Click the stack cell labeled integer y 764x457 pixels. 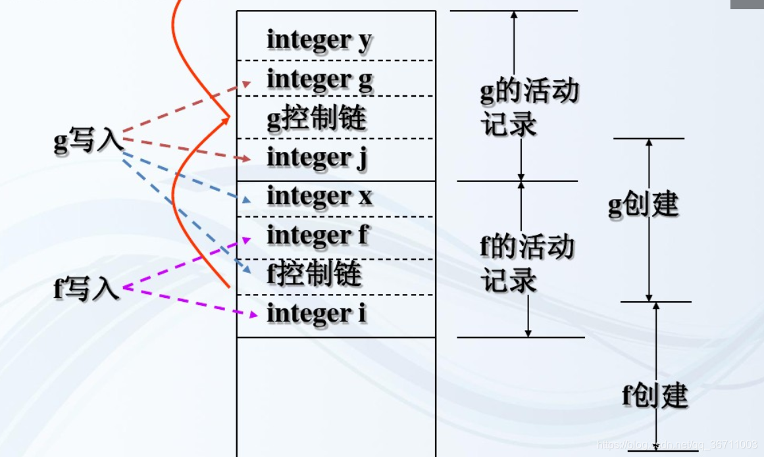click(x=336, y=38)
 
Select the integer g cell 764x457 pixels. click(x=336, y=78)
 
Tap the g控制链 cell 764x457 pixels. click(x=336, y=118)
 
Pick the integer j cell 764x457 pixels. click(x=336, y=158)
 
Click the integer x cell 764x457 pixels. click(x=336, y=197)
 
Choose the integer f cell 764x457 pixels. click(x=336, y=235)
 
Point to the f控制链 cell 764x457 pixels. click(x=336, y=275)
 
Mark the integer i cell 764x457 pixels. click(x=336, y=314)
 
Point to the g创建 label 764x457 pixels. click(x=642, y=205)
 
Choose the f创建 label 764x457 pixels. click(x=654, y=395)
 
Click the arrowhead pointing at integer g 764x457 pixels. click(x=247, y=84)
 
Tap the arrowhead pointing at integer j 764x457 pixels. click(x=247, y=158)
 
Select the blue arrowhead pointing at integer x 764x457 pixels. click(x=245, y=199)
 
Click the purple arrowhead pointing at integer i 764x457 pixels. click(x=253, y=315)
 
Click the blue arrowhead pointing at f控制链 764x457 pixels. click(x=245, y=270)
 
